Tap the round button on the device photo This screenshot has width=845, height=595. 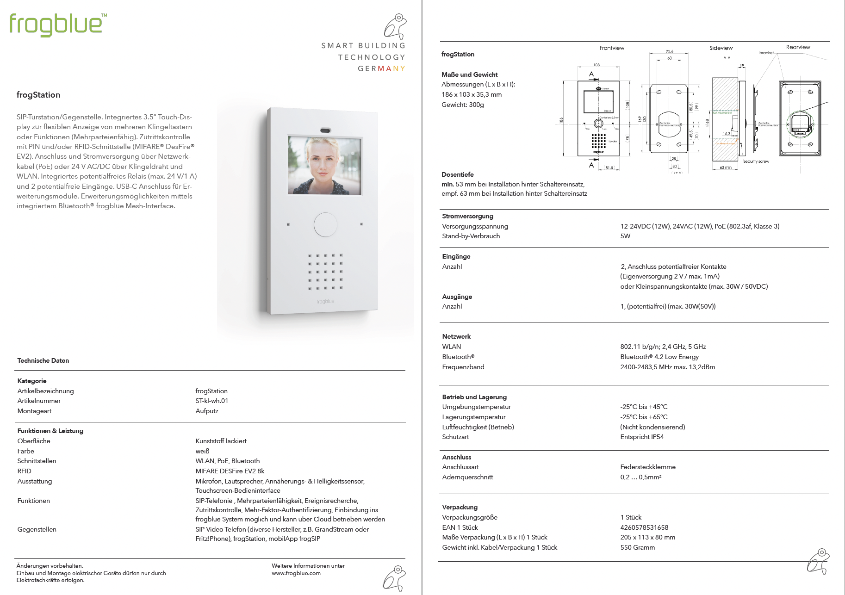pyautogui.click(x=325, y=224)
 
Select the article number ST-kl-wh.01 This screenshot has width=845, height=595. pyautogui.click(x=211, y=401)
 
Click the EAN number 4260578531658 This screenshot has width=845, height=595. pyautogui.click(x=644, y=527)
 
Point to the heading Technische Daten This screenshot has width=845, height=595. pyautogui.click(x=43, y=360)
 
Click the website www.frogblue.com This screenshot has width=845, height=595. pyautogui.click(x=296, y=573)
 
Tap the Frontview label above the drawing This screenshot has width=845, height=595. pyautogui.click(x=611, y=48)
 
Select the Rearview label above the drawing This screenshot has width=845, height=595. pyautogui.click(x=798, y=47)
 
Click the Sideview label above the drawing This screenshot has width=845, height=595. pyautogui.click(x=721, y=48)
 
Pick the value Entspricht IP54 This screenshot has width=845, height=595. pyautogui.click(x=642, y=437)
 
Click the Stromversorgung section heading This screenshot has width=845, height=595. pyautogui.click(x=467, y=216)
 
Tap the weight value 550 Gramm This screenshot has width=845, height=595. pyautogui.click(x=637, y=547)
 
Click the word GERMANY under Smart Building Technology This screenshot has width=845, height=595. pyautogui.click(x=381, y=68)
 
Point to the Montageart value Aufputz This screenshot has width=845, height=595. pyautogui.click(x=207, y=411)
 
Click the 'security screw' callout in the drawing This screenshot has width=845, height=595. pyautogui.click(x=756, y=161)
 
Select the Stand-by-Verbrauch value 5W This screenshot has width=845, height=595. pyautogui.click(x=625, y=236)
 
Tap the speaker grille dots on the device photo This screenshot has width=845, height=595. pyautogui.click(x=326, y=272)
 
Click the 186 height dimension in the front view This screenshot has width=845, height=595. pyautogui.click(x=561, y=120)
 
